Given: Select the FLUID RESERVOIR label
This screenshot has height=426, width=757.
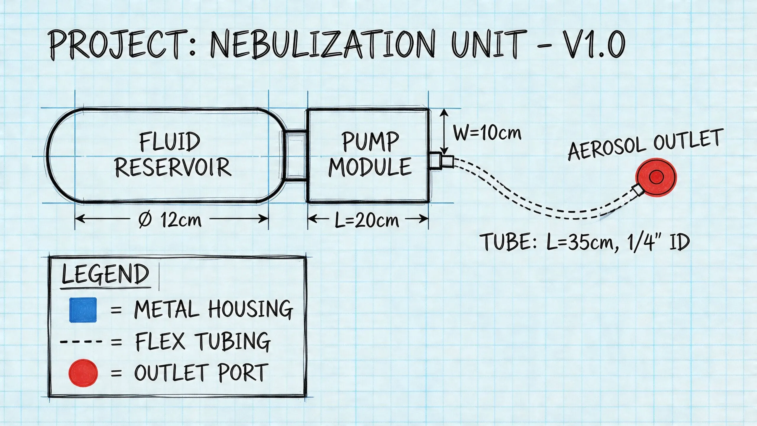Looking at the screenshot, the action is tap(172, 154).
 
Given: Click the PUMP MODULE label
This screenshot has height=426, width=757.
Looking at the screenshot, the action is tap(370, 154).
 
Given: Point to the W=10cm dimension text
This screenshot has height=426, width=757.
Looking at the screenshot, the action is tap(487, 133).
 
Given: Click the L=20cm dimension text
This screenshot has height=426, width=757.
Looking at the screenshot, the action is tap(367, 220).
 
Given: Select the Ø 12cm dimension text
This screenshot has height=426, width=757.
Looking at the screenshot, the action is tap(170, 220).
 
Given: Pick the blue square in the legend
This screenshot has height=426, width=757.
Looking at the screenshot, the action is tap(83, 309).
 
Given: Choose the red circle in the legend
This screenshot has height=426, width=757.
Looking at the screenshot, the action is tap(83, 373).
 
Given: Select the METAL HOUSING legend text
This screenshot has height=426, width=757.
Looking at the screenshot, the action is tap(213, 309).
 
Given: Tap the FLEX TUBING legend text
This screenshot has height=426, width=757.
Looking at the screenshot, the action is tap(203, 341).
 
